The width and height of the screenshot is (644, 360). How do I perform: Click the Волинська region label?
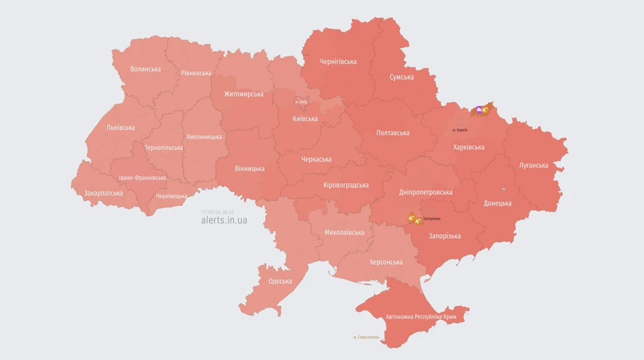click(145, 69)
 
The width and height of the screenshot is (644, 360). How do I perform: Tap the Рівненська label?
click(196, 73)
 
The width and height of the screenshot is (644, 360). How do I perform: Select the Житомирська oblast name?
click(243, 94)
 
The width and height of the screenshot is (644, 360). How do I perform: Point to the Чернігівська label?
click(338, 62)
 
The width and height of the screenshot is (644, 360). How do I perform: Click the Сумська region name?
click(401, 77)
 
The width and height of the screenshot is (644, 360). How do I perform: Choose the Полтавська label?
click(393, 133)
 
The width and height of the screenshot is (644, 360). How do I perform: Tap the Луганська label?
click(533, 165)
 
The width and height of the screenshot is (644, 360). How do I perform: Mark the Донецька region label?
click(497, 203)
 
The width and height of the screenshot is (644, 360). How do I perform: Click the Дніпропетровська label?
click(426, 193)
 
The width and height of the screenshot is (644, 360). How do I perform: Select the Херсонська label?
click(386, 262)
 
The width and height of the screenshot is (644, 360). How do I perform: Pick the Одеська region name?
click(280, 281)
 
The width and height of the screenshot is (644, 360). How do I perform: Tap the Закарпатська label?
click(103, 193)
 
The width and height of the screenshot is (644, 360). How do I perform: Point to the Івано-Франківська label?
click(142, 177)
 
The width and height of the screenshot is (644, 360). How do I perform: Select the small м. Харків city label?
click(460, 130)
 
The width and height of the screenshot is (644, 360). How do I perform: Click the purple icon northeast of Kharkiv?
click(479, 110)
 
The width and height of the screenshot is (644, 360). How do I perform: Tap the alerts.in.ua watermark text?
click(224, 220)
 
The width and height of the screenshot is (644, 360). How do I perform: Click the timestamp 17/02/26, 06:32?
click(218, 212)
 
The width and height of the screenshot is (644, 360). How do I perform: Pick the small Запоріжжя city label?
click(431, 218)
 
